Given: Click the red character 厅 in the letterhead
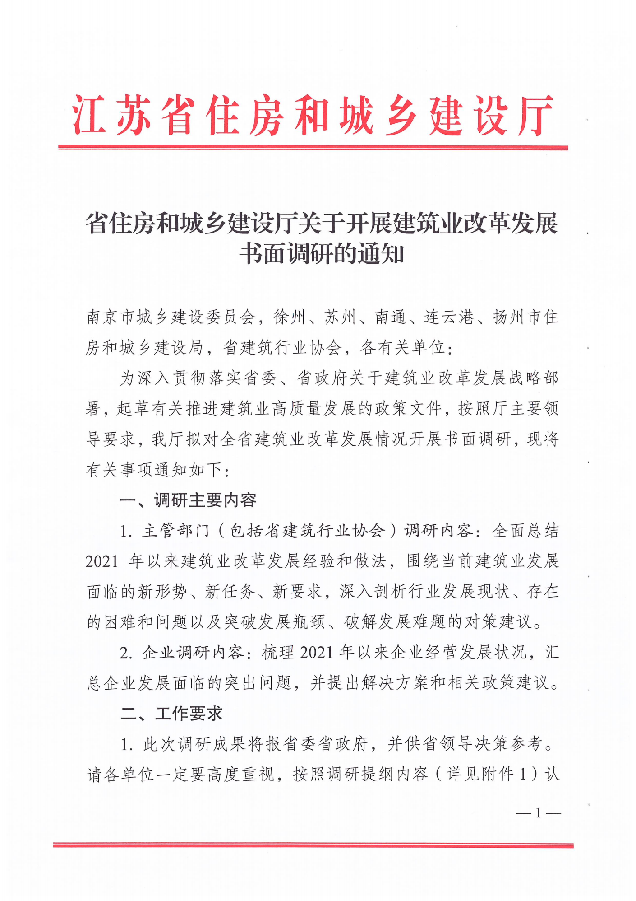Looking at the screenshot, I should (535, 116).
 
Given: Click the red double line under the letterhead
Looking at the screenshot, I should (313, 147).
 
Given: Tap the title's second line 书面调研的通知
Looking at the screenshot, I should (322, 254).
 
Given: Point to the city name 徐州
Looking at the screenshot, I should (290, 317).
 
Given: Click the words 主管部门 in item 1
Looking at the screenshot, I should (176, 531).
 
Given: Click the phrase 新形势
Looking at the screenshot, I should (163, 592).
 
